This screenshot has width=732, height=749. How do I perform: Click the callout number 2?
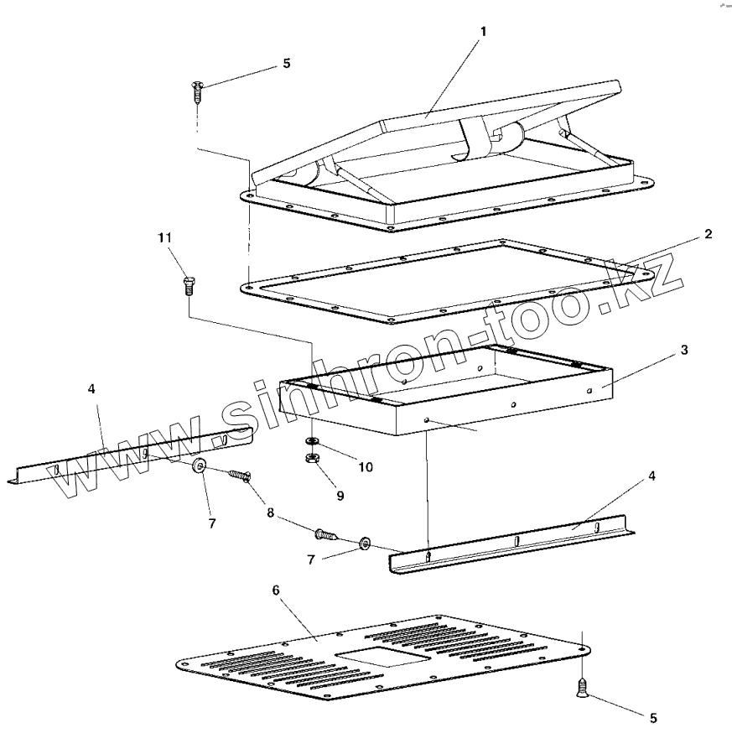pyautogui.click(x=709, y=234)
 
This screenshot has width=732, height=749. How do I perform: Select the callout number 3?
pyautogui.click(x=684, y=350)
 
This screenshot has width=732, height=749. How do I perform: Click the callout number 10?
pyautogui.click(x=366, y=466)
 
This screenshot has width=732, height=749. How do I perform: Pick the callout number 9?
pyautogui.click(x=340, y=496)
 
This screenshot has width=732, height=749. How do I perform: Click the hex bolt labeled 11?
pyautogui.click(x=187, y=284)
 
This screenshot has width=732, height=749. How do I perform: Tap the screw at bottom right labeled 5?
pyautogui.click(x=581, y=688)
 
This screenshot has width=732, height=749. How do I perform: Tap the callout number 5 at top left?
pyautogui.click(x=287, y=64)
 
